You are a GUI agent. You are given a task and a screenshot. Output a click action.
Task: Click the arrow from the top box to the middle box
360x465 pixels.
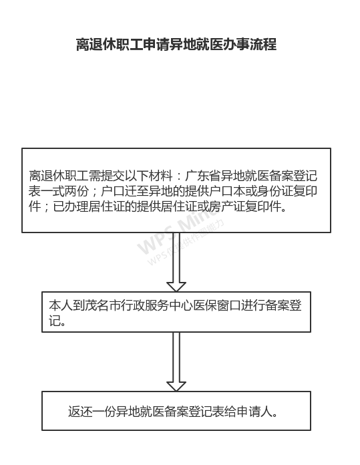[176, 262]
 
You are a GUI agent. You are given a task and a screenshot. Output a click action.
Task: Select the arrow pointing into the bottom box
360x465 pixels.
[176, 362]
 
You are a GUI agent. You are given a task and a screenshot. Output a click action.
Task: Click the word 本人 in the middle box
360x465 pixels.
[61, 305]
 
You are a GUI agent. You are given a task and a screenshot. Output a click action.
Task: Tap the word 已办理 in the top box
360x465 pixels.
[71, 206]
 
